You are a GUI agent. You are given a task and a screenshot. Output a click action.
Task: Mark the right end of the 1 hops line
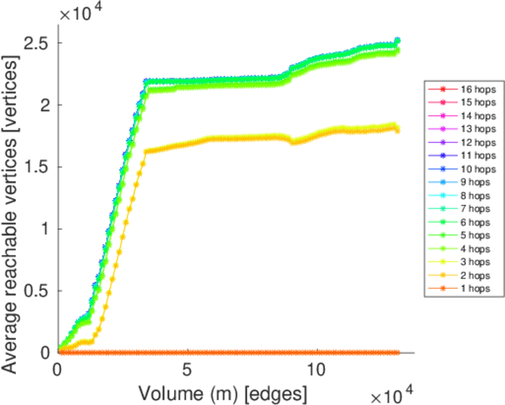click(398, 352)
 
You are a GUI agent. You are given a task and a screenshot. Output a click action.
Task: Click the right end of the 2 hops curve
click(398, 130)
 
